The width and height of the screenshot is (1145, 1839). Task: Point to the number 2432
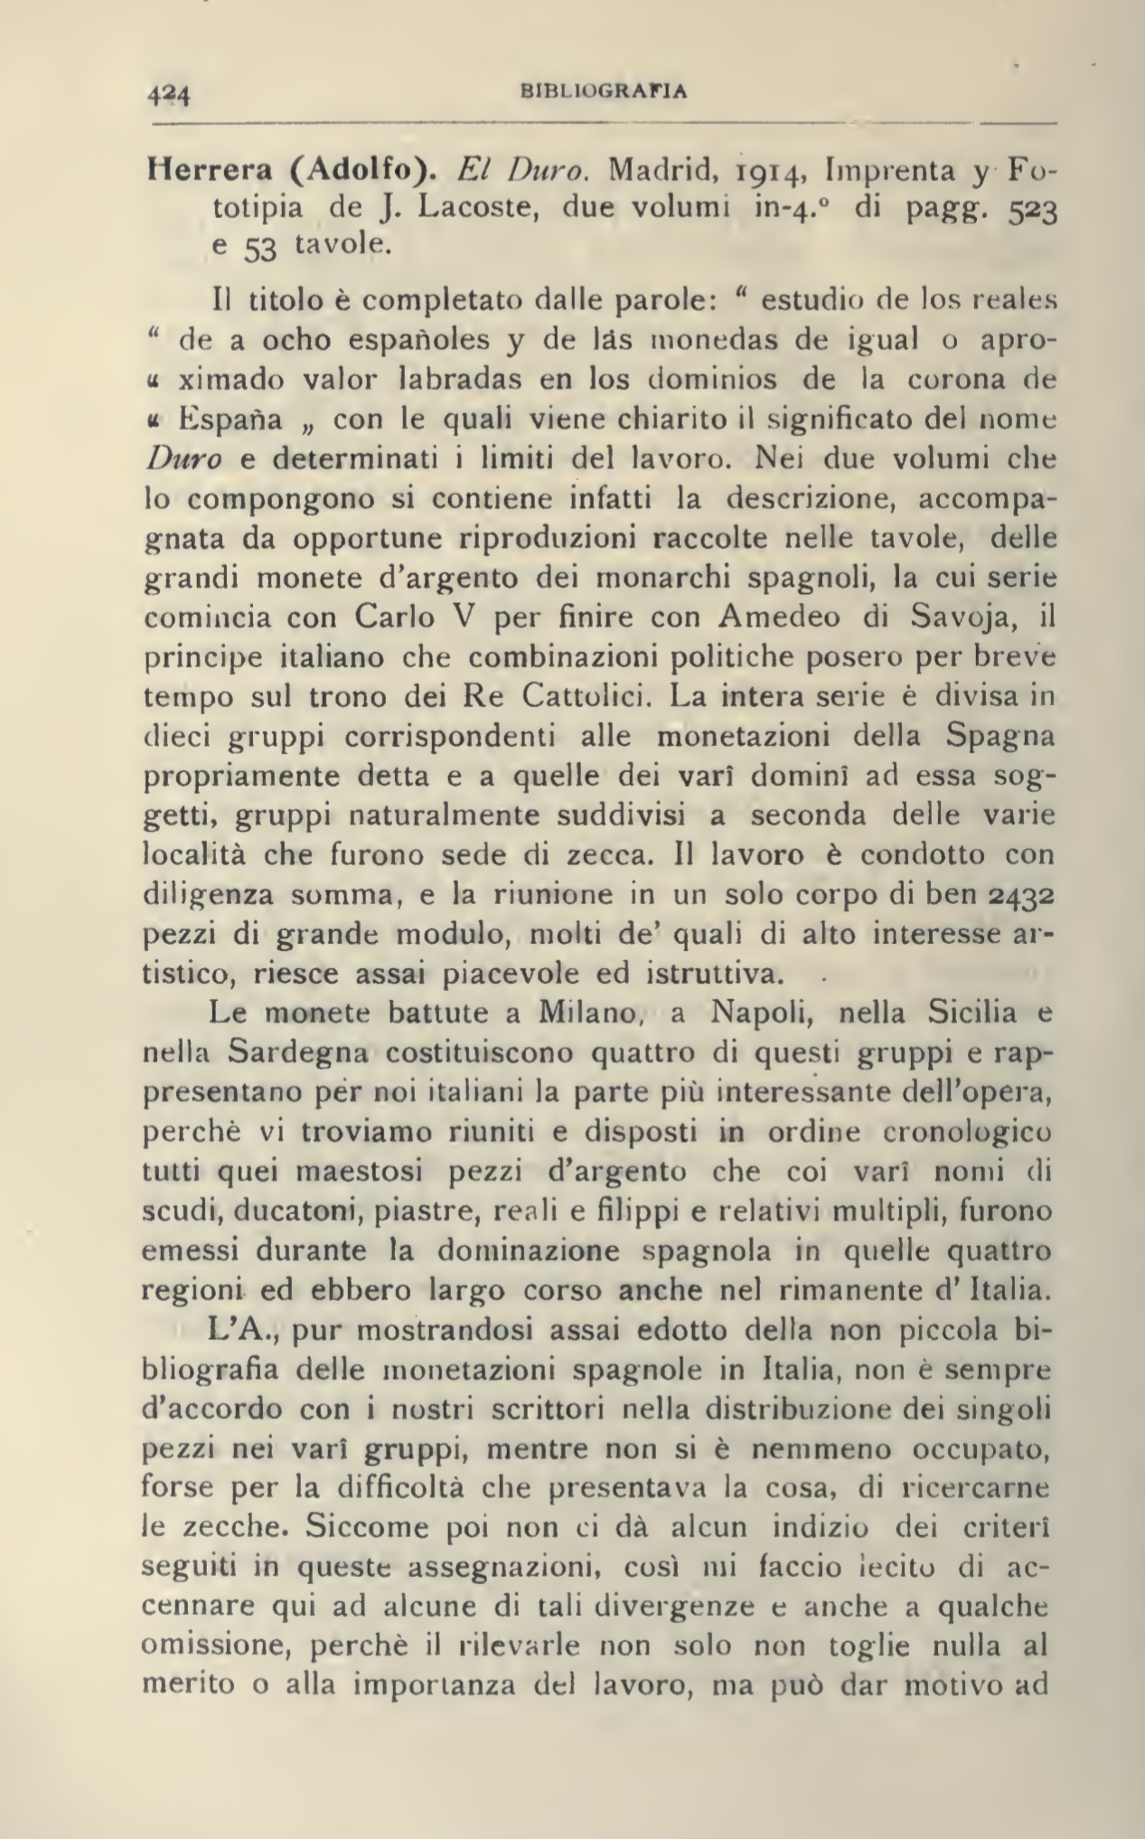[1024, 893]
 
